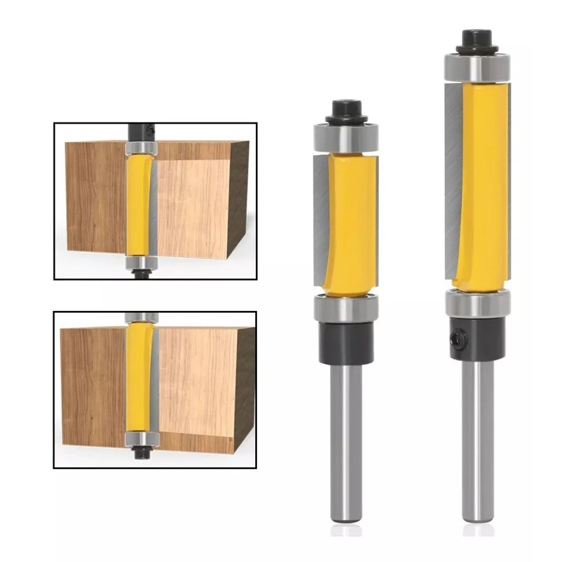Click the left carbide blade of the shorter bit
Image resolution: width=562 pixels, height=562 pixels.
[x=320, y=220]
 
